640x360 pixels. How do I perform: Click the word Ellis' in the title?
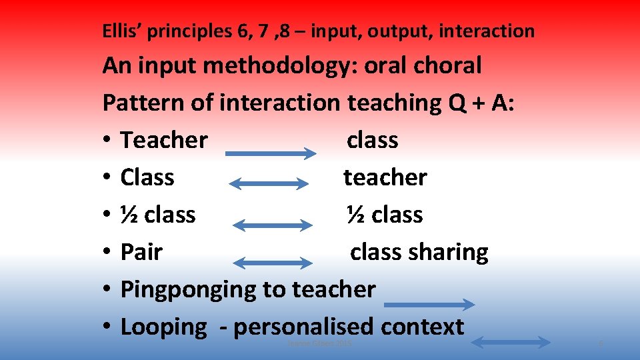click(x=121, y=31)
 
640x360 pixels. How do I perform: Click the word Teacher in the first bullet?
click(x=164, y=140)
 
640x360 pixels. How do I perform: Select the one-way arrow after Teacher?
click(x=270, y=153)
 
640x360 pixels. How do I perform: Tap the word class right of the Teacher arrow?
click(x=372, y=140)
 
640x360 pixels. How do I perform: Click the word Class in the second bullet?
click(x=147, y=177)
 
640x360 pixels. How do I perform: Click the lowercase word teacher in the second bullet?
click(x=385, y=177)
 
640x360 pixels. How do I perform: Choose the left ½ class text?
click(x=158, y=215)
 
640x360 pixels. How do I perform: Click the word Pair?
click(x=141, y=252)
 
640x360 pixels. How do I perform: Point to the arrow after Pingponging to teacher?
click(x=430, y=305)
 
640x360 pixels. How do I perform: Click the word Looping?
click(x=164, y=327)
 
